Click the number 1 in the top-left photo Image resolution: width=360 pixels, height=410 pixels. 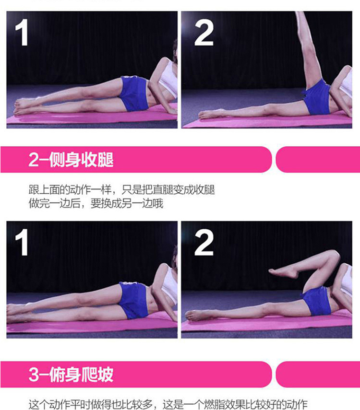tap(22, 33)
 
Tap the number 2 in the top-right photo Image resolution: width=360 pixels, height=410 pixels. tap(204, 33)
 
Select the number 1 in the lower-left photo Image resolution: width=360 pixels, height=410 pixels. tap(22, 242)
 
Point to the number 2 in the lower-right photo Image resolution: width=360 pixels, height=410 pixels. tap(204, 242)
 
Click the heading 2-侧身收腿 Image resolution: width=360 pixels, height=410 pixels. tap(71, 160)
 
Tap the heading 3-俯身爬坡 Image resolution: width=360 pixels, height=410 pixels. tap(71, 374)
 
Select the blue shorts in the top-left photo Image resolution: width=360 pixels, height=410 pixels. tap(134, 94)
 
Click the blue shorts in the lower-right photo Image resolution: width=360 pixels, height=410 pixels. tap(316, 301)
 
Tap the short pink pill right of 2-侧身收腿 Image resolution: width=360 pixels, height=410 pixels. tap(318, 160)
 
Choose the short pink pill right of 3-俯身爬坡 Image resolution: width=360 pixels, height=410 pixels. tap(318, 374)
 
